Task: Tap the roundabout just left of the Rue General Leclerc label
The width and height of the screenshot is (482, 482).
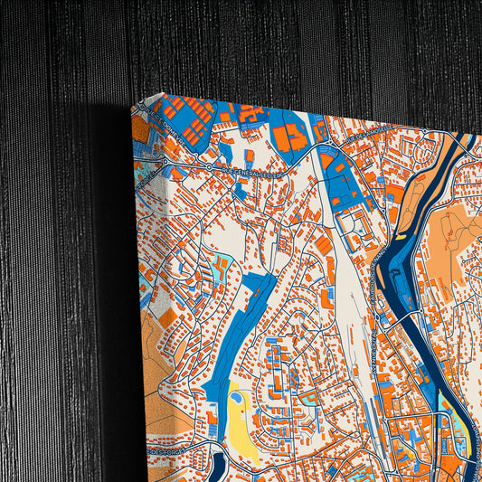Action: click(x=210, y=167)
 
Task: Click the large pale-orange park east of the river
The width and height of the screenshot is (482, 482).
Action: click(x=452, y=235)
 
